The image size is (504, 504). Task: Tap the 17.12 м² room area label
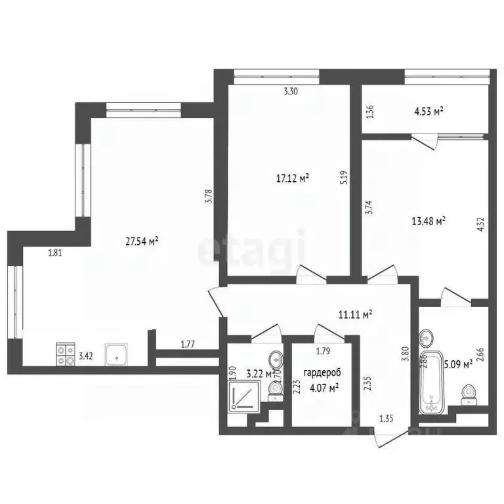(x=292, y=177)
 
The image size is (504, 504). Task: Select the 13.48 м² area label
(x=429, y=221)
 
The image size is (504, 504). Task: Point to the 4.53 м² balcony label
(x=429, y=112)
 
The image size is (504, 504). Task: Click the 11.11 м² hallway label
(x=355, y=314)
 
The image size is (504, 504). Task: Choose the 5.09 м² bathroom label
(x=459, y=363)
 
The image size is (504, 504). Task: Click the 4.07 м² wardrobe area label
(x=324, y=388)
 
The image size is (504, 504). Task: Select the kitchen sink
(x=116, y=355)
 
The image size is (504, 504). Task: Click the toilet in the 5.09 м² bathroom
(x=469, y=394)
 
